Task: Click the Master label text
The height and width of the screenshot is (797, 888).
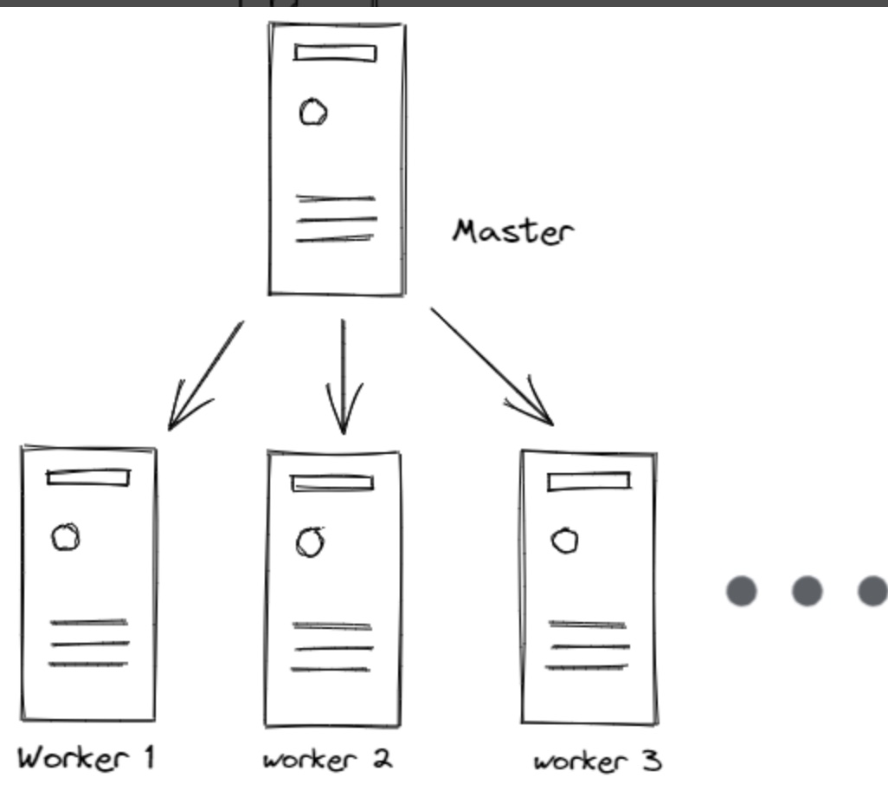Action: (512, 231)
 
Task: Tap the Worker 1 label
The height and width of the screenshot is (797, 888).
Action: (86, 759)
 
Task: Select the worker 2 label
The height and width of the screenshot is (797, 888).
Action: (327, 760)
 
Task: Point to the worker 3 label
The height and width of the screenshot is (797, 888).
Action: (597, 761)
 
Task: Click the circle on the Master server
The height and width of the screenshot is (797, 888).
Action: (313, 113)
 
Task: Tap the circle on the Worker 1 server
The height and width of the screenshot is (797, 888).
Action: (65, 538)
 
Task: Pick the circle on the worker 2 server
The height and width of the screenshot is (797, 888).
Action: (310, 542)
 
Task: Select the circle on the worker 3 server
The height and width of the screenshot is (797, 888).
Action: (565, 541)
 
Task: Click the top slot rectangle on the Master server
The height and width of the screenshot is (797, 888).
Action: (336, 53)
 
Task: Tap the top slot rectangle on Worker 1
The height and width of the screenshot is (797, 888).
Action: (87, 477)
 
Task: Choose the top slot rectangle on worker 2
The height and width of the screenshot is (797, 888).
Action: (332, 483)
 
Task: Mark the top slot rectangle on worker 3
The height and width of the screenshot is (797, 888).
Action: (589, 482)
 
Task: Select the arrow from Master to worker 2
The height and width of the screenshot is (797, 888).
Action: (344, 377)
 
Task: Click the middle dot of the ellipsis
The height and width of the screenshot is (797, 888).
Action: (807, 592)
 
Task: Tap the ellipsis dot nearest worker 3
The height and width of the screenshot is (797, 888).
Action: (741, 592)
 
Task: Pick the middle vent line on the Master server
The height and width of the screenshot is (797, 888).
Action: (336, 219)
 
